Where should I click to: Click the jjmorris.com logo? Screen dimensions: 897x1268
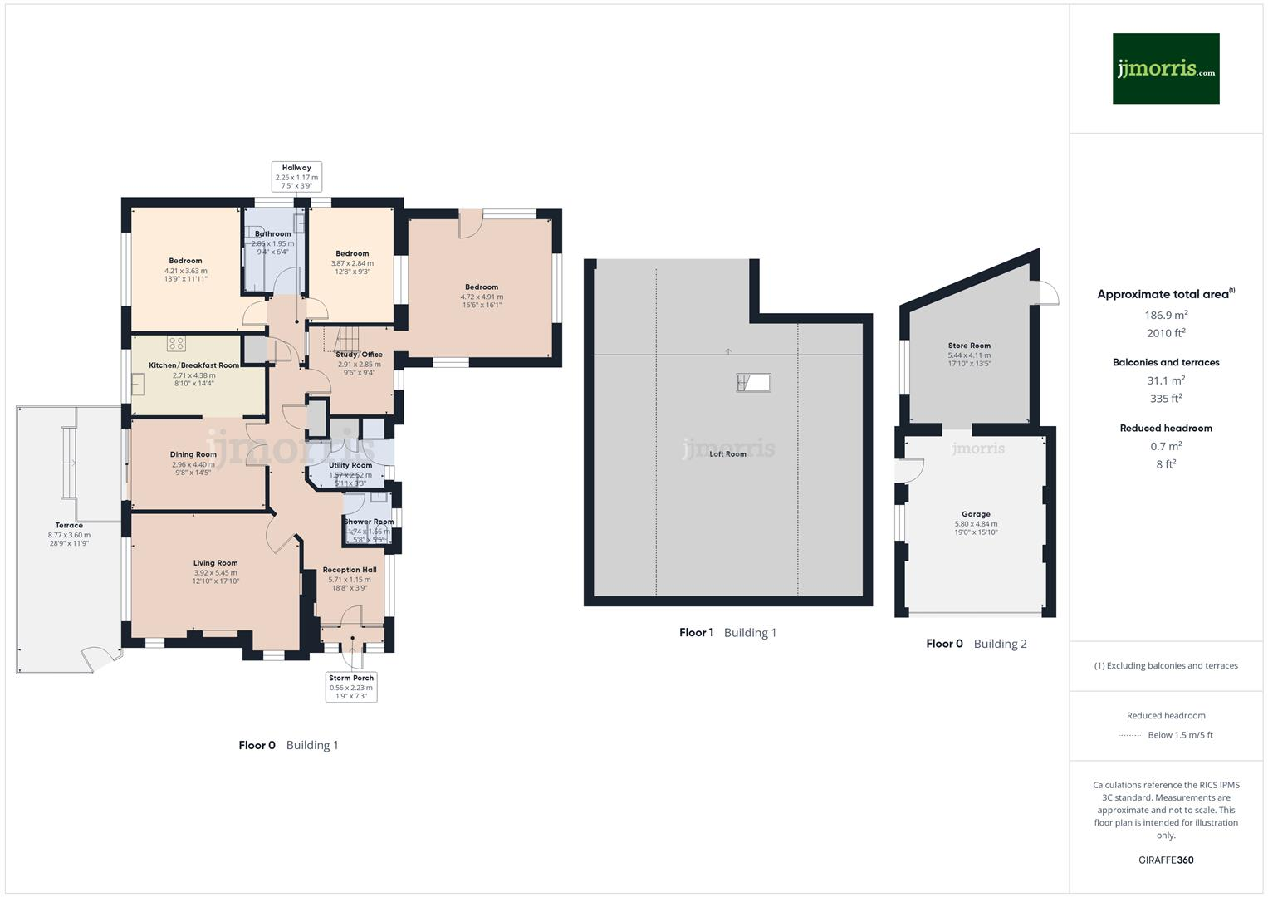[1165, 69]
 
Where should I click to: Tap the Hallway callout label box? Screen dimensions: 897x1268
[296, 177]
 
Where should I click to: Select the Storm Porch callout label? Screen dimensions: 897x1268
[351, 687]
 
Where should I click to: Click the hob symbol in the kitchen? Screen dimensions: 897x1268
[176, 343]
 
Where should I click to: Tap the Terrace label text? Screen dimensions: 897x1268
[69, 526]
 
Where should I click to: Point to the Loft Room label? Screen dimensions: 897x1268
[727, 454]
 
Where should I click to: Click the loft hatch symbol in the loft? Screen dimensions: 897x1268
[753, 382]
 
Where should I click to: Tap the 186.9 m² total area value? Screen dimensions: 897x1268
[1166, 316]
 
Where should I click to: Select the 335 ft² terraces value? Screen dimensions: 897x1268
[1166, 399]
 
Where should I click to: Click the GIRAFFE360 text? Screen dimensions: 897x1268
[1166, 860]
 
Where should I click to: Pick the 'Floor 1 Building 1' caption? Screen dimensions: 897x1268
[727, 633]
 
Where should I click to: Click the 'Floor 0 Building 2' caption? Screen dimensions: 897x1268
[976, 644]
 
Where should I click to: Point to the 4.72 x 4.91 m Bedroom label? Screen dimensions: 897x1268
[482, 296]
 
